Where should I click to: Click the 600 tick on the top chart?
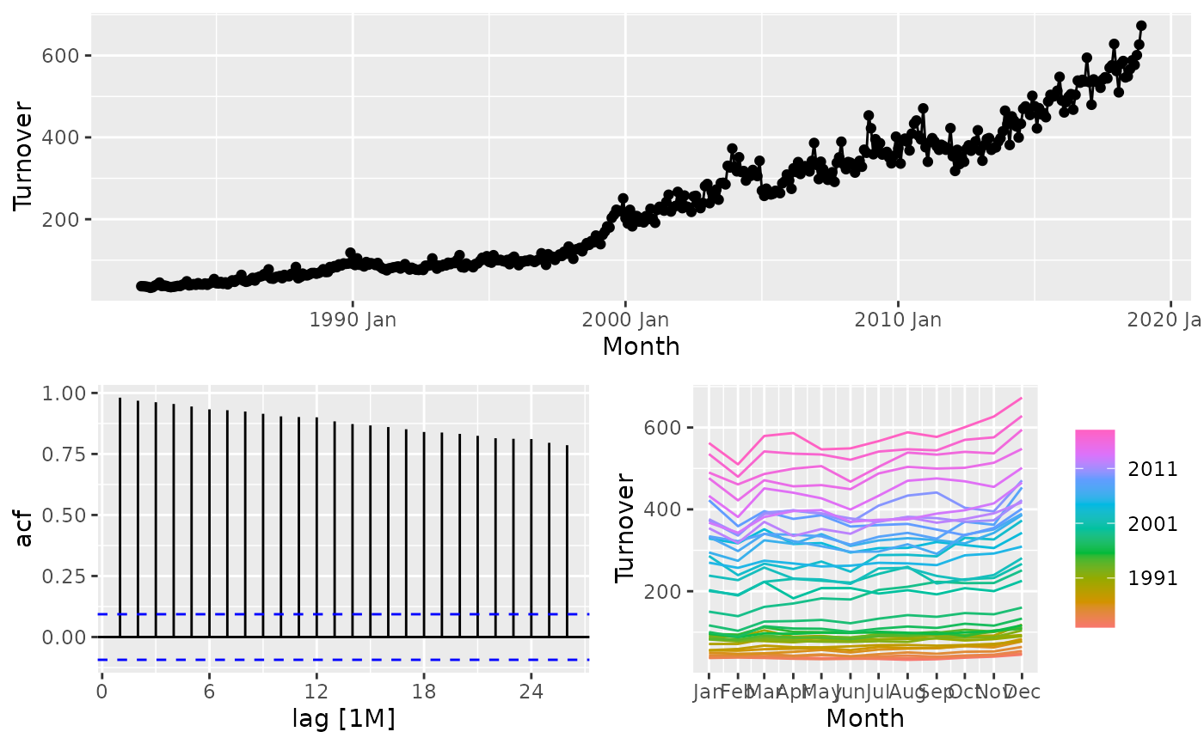[x=64, y=56]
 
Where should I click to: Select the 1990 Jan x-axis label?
[x=353, y=320]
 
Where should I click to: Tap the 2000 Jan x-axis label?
[x=625, y=320]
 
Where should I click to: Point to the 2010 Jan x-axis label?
[x=897, y=320]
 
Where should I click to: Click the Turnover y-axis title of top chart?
[x=24, y=157]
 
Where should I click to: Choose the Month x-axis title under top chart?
[x=641, y=346]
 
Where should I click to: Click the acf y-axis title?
[x=24, y=514]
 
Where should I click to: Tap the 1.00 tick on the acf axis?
[x=64, y=393]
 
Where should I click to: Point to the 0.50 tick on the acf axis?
[x=64, y=515]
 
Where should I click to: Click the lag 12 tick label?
[x=316, y=692]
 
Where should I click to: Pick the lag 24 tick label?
[x=531, y=692]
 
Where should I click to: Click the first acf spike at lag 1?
[x=120, y=515]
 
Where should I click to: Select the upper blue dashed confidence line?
[x=344, y=614]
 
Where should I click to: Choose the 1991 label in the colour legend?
[x=1153, y=578]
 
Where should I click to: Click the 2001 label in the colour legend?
[x=1153, y=524]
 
